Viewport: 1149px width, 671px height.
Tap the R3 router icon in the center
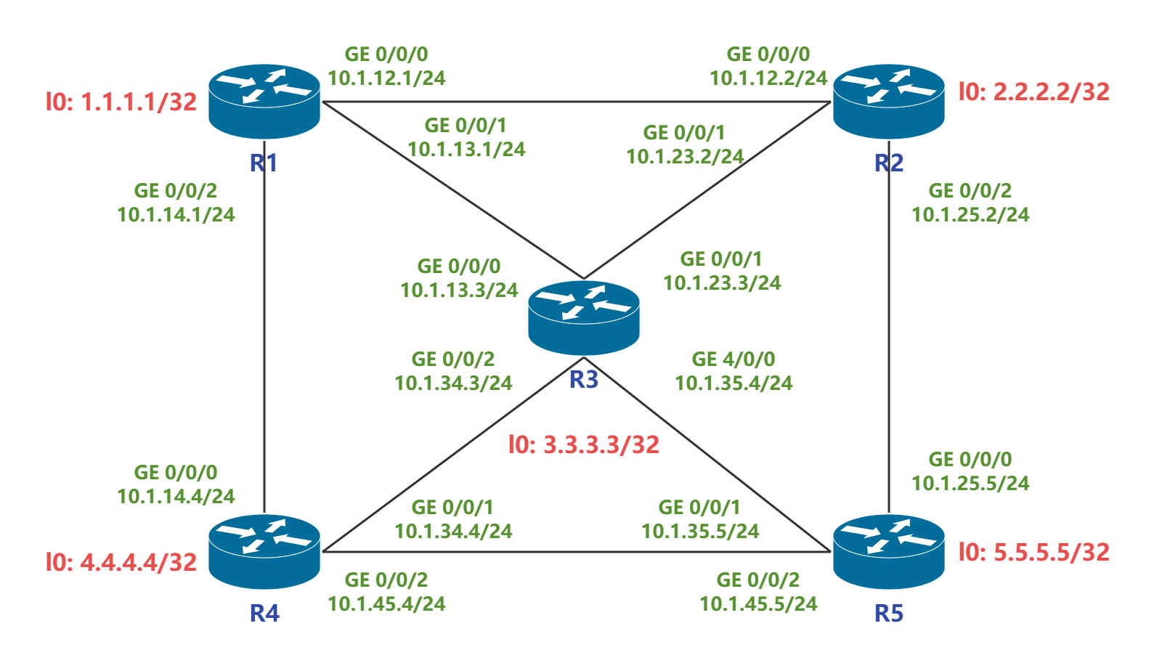click(x=584, y=317)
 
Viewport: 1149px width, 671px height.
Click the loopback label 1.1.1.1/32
click(x=121, y=102)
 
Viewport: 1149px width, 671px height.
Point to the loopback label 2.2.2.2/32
click(x=1034, y=91)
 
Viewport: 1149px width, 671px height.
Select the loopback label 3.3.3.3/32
click(x=584, y=444)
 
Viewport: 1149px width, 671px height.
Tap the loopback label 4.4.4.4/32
click(x=121, y=562)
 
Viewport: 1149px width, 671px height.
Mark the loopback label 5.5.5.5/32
click(x=1034, y=552)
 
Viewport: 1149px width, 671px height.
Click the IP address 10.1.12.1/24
click(x=386, y=78)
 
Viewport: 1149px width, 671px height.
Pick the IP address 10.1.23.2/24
click(x=685, y=157)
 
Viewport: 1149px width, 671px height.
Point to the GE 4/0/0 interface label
click(x=734, y=359)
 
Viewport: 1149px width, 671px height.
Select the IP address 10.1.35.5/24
click(x=700, y=532)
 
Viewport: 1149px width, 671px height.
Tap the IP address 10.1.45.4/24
click(x=386, y=604)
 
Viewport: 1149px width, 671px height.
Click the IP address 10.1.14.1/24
click(x=176, y=215)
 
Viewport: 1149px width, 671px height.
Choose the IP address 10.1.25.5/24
click(x=970, y=484)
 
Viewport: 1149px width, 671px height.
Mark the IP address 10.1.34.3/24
click(x=453, y=383)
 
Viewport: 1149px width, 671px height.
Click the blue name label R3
click(x=584, y=379)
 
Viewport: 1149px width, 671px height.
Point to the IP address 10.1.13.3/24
click(x=459, y=290)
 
